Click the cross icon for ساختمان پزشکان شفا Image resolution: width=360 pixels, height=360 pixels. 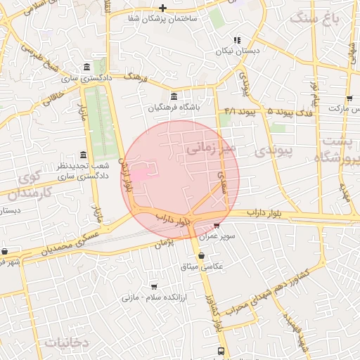[163, 8]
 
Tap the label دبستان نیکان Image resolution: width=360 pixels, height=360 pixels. [238, 51]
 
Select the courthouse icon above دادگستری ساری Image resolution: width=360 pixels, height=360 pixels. [86, 67]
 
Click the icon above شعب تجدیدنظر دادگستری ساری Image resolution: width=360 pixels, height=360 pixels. [84, 155]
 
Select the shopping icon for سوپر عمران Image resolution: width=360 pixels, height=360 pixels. [217, 226]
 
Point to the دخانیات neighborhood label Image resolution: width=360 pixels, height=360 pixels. [67, 342]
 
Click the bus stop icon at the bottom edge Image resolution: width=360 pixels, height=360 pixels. [221, 350]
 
